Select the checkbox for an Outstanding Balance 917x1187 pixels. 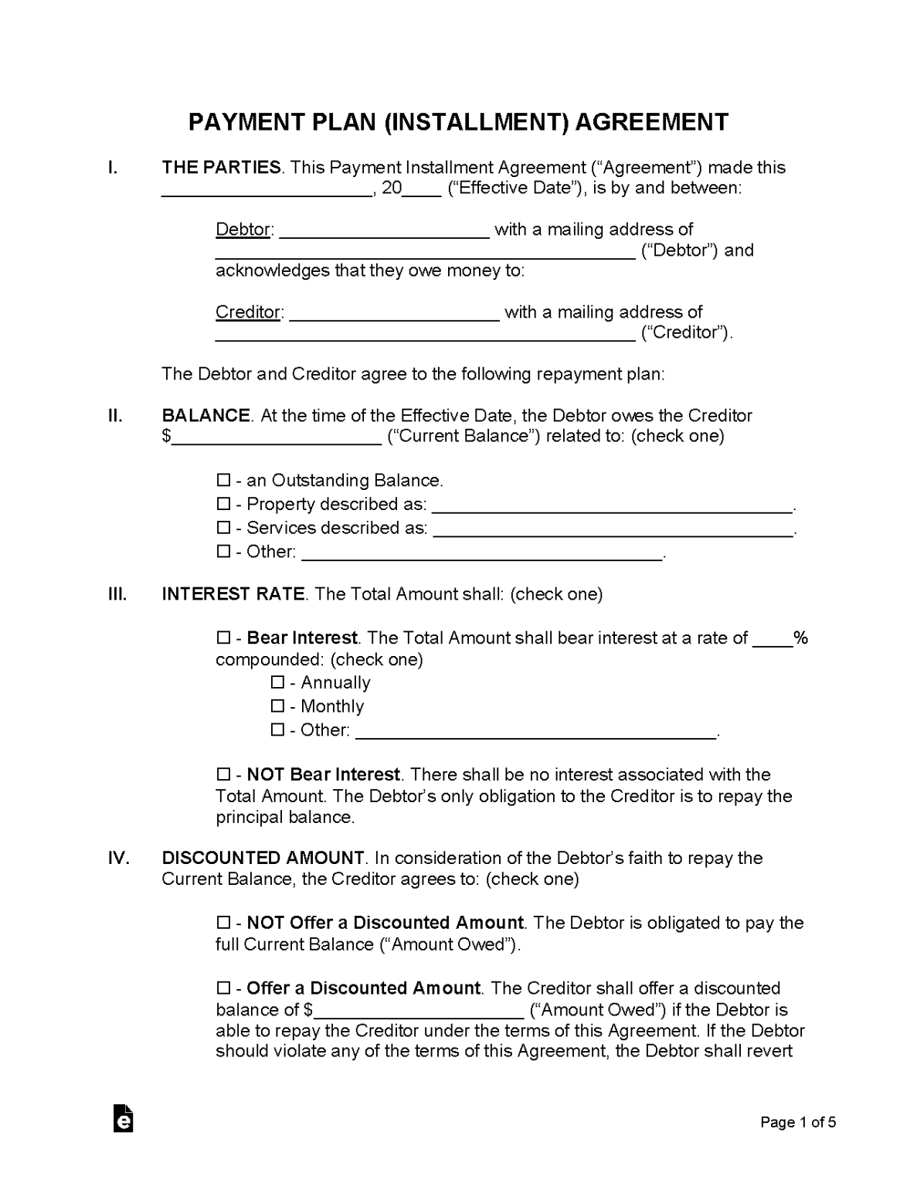[223, 481]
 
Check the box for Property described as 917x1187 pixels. [223, 505]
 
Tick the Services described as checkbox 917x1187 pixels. [223, 529]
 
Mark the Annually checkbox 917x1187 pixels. [277, 683]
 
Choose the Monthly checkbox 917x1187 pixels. [277, 706]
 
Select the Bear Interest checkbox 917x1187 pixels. [223, 638]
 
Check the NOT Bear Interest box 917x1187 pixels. [223, 775]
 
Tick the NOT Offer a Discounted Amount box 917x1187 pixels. [223, 923]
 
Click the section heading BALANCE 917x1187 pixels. [205, 416]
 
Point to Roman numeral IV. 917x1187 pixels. [118, 859]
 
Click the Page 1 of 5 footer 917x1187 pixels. [798, 1123]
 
